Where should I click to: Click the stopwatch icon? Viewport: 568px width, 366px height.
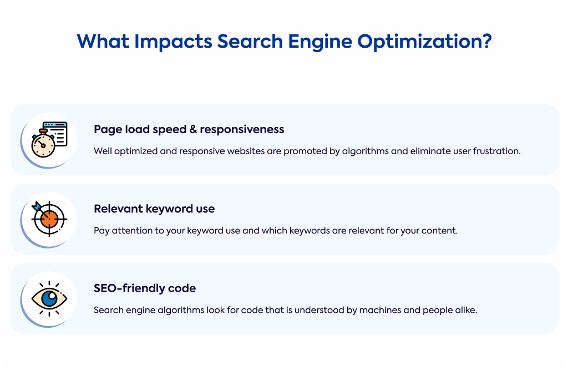pyautogui.click(x=43, y=144)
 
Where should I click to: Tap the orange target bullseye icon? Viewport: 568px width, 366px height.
pyautogui.click(x=49, y=218)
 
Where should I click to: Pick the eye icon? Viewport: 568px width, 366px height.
pyautogui.click(x=49, y=299)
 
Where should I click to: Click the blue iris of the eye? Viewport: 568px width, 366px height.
pyautogui.click(x=49, y=299)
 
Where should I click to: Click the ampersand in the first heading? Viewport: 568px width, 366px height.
pyautogui.click(x=193, y=129)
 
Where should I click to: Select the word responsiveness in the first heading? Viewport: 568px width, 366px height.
pyautogui.click(x=242, y=129)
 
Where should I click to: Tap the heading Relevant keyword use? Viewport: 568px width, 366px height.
pyautogui.click(x=154, y=209)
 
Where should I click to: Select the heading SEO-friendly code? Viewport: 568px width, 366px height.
pyautogui.click(x=145, y=288)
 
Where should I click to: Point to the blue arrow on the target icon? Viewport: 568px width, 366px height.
pyautogui.click(x=37, y=207)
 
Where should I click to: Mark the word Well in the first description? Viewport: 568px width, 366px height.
pyautogui.click(x=103, y=151)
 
